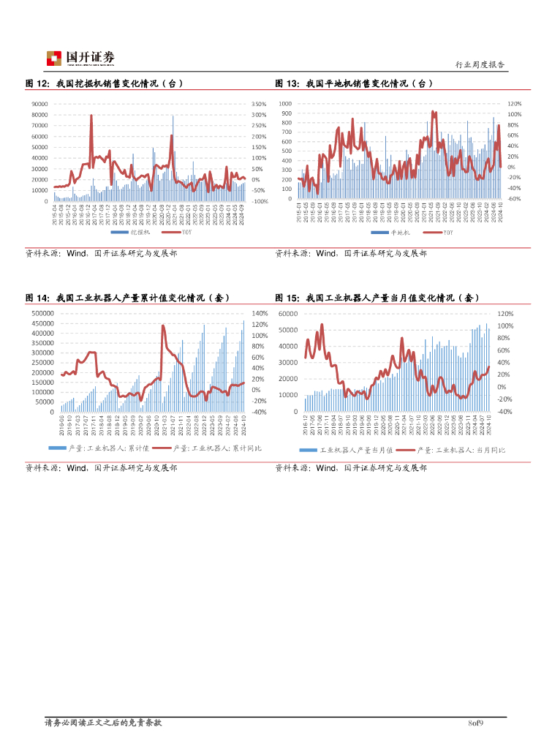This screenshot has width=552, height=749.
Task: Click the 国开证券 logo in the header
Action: pos(80,58)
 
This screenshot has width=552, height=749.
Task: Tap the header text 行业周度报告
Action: pos(480,64)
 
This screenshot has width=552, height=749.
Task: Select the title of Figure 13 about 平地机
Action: pos(354,83)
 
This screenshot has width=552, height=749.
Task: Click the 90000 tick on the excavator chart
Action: pos(39,104)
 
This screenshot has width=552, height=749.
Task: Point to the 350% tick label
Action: pos(258,104)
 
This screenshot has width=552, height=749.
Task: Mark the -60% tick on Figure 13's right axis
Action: pos(513,198)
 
